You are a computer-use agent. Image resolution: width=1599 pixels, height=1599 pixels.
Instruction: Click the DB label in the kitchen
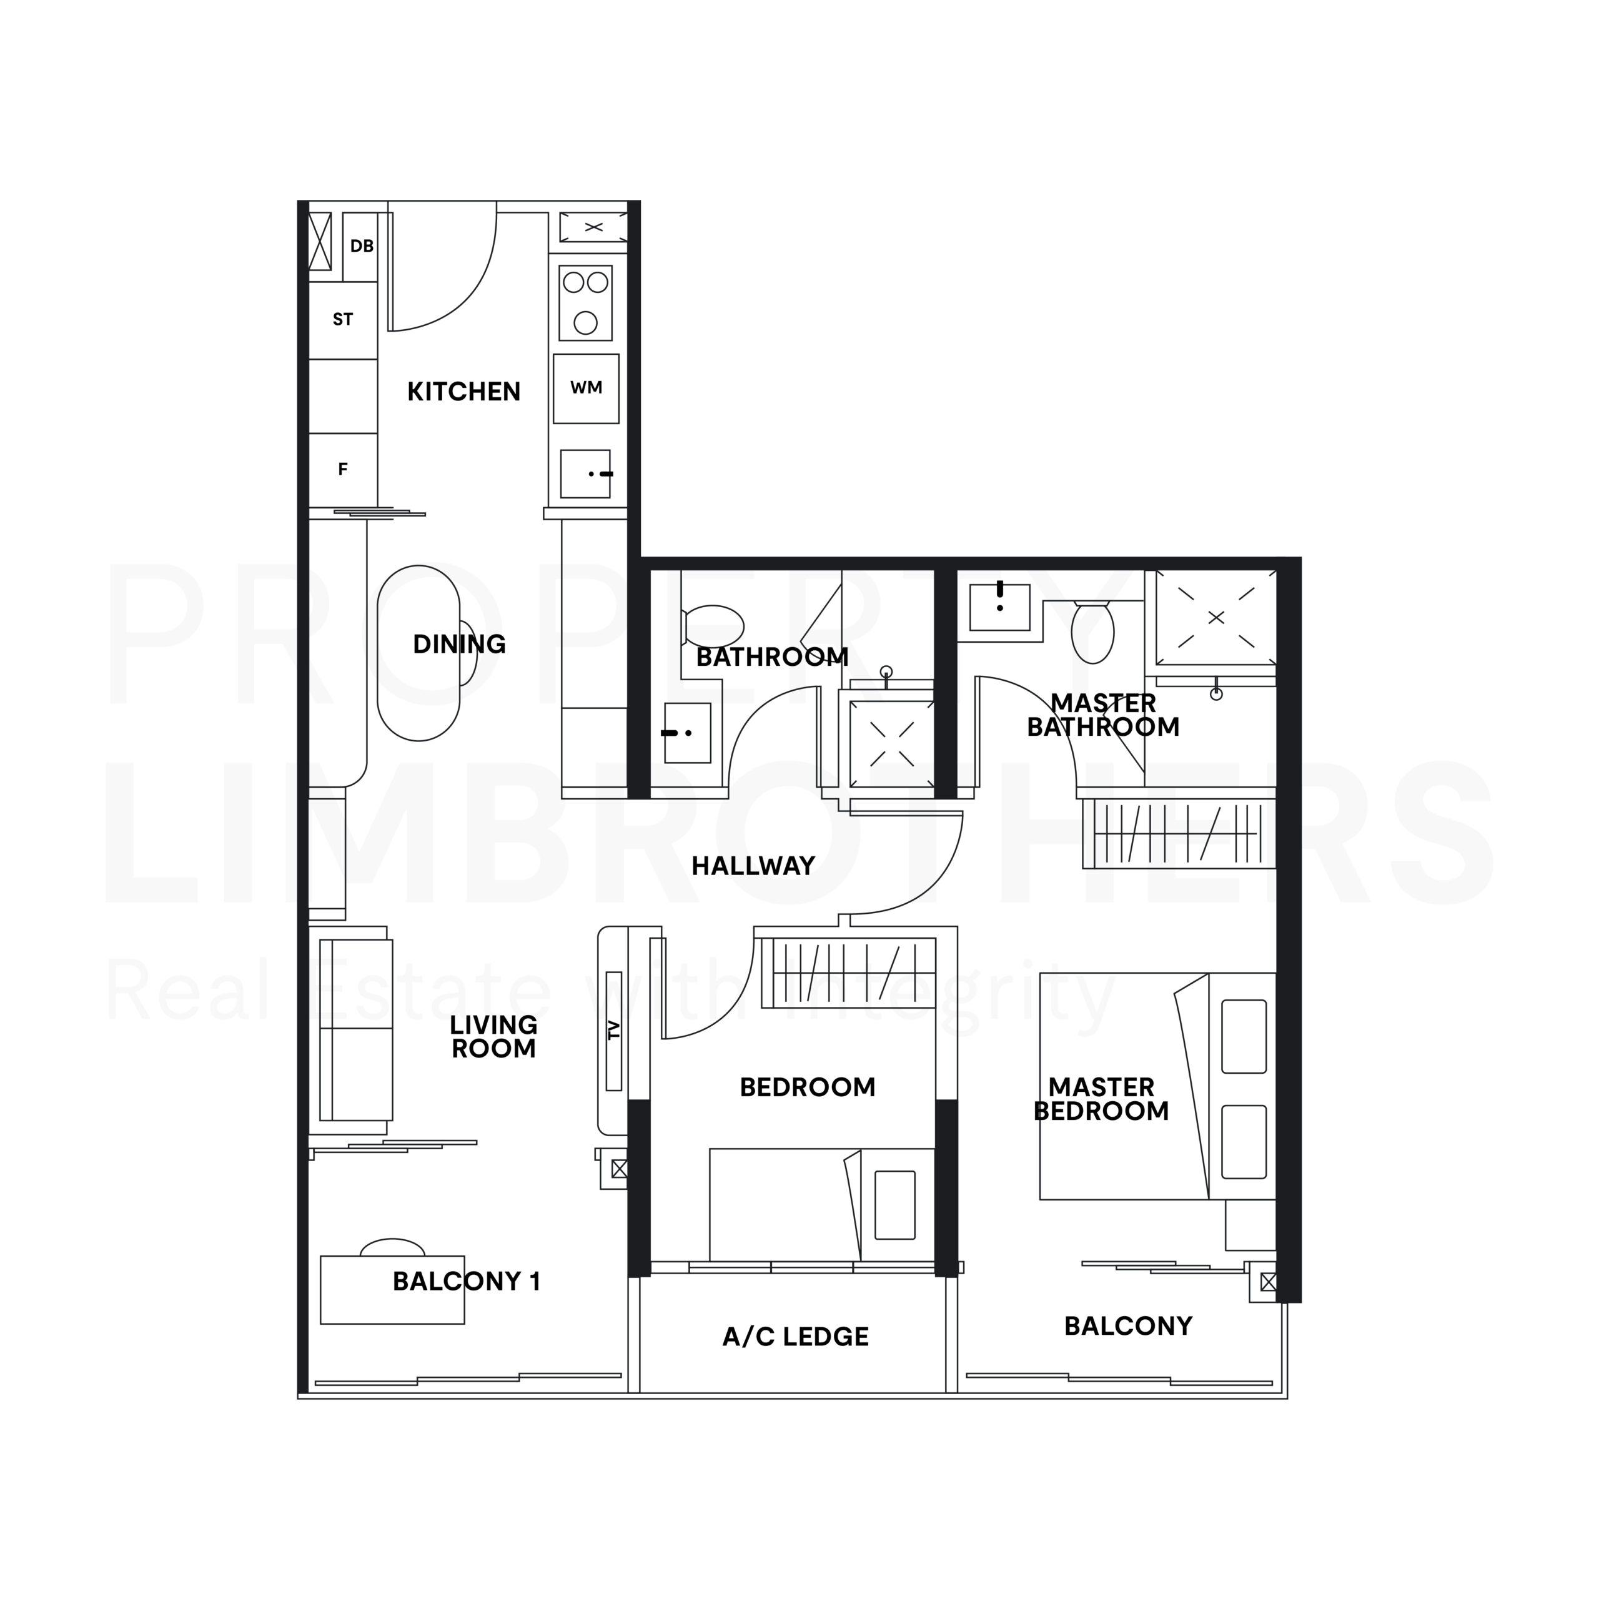[362, 246]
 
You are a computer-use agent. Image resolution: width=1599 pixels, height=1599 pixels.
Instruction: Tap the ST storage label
[343, 319]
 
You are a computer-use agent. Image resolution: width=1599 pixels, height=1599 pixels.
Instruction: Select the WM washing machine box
[586, 388]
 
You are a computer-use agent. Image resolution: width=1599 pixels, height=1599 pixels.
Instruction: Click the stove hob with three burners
[585, 303]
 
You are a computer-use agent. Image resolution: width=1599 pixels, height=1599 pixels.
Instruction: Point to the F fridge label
[343, 469]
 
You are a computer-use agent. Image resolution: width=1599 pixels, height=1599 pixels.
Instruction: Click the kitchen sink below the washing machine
[585, 474]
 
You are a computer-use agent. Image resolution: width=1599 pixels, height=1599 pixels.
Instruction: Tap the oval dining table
[418, 653]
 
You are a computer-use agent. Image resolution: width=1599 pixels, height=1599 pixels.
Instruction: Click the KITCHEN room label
[463, 392]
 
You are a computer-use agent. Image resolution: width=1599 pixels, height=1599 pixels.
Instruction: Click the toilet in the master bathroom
[1092, 632]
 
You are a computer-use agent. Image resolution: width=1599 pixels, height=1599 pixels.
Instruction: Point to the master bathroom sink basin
[1000, 606]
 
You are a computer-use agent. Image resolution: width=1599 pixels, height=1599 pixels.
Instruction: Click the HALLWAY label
[753, 866]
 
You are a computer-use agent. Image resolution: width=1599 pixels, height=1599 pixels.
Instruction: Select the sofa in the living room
[356, 1029]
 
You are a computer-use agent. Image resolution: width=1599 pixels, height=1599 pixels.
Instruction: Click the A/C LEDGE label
[795, 1337]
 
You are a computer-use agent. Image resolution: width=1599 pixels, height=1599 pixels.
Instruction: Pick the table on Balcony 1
[392, 1289]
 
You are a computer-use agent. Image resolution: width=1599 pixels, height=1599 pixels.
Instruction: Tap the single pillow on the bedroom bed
[894, 1205]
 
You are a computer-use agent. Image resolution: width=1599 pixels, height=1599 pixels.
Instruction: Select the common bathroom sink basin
[687, 733]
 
